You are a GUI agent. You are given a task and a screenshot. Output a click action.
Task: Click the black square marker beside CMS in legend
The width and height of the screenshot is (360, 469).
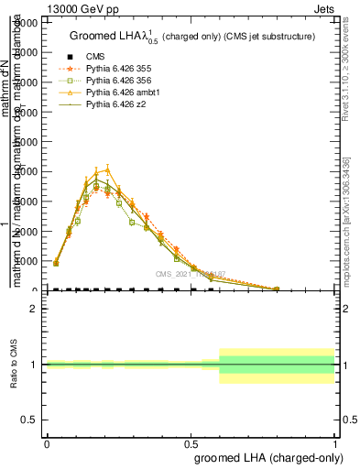(x=63, y=57)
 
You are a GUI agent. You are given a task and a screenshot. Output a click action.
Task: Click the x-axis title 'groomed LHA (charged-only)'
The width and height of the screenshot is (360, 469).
(x=265, y=455)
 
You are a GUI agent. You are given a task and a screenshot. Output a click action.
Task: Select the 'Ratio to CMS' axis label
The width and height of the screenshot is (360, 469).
(x=16, y=365)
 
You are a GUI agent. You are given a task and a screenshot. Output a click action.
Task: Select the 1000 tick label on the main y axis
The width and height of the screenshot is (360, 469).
(x=27, y=261)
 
